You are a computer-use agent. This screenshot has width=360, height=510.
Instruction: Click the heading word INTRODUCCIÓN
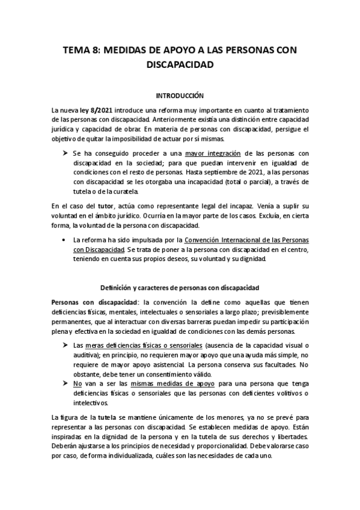[x=180, y=95]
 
